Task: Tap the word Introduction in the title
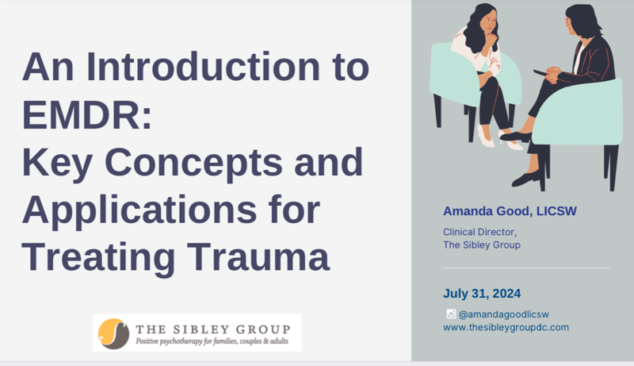[x=204, y=67]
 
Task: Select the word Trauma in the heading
[x=258, y=256]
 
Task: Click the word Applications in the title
[x=140, y=211]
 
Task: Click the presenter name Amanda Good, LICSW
[x=510, y=211]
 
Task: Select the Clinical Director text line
[x=480, y=232]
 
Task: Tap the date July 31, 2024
[x=482, y=294]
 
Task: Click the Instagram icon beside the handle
[x=451, y=314]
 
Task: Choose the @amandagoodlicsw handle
[x=504, y=314]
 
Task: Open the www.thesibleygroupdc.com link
[x=506, y=327]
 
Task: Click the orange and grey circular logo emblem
[x=113, y=333]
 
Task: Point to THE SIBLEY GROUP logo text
[x=213, y=329]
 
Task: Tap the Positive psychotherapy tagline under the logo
[x=212, y=341]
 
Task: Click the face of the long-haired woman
[x=489, y=24]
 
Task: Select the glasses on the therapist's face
[x=567, y=21]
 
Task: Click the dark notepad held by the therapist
[x=540, y=73]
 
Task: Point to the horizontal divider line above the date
[x=526, y=268]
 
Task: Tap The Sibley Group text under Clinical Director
[x=482, y=245]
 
